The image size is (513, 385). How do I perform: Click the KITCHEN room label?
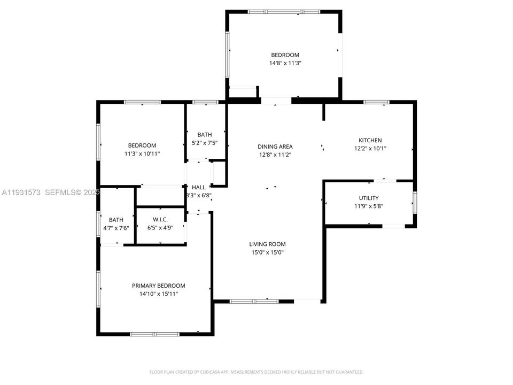coord(370,141)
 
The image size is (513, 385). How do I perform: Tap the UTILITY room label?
coord(369,198)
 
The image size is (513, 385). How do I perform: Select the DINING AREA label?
coord(275,147)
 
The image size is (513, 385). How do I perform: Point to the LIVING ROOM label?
coord(267,244)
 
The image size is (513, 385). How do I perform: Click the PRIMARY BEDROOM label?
coord(158,286)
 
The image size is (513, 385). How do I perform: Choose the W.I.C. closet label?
coord(160,219)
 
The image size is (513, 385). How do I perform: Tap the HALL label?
coord(199,187)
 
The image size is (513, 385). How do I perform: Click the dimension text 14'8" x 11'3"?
coord(285,63)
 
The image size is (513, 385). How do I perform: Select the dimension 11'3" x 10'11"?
coord(142,153)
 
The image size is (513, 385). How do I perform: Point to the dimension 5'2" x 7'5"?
coord(204,143)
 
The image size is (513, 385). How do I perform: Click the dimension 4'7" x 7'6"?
coord(116,228)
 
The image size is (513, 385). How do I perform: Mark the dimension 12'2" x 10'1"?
coord(370,149)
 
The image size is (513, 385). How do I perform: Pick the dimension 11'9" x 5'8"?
coord(369,206)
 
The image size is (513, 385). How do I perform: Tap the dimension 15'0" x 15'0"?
coord(267,252)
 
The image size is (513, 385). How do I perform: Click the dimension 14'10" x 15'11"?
coord(158,294)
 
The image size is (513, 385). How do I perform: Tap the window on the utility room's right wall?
coord(415,203)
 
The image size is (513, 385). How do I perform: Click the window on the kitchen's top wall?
coord(376,102)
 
